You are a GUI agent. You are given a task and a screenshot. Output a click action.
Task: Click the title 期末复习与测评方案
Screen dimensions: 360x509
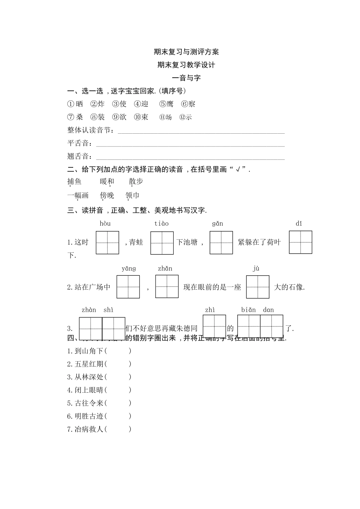[186, 52]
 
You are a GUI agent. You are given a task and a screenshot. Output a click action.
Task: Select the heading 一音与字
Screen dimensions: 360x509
[186, 78]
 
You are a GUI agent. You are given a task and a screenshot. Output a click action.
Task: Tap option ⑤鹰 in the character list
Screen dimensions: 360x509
[166, 104]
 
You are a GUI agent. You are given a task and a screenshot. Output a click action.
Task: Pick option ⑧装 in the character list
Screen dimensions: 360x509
[97, 117]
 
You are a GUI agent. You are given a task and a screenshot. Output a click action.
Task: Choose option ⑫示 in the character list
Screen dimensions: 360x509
[186, 117]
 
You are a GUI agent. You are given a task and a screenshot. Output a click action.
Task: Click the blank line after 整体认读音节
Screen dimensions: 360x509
[201, 131]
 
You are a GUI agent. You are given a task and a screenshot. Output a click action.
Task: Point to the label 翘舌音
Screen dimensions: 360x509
[80, 156]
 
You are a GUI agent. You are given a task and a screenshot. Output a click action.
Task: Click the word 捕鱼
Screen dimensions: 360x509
[74, 182]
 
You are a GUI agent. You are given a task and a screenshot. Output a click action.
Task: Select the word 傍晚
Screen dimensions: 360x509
[107, 195]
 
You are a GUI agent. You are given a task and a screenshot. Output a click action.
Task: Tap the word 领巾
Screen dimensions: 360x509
[132, 195]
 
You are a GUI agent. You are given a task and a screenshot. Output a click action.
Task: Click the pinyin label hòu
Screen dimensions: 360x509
[105, 223]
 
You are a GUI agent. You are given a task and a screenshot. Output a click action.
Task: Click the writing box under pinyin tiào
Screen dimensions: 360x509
[162, 243]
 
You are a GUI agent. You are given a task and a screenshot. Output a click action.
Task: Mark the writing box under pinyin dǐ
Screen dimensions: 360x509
[301, 242]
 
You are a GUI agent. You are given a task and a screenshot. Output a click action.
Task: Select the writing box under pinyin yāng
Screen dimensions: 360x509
[128, 287]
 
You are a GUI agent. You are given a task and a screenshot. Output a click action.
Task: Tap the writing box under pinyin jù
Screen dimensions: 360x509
[258, 287]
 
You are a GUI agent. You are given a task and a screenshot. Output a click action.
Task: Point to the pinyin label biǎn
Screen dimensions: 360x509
[249, 310]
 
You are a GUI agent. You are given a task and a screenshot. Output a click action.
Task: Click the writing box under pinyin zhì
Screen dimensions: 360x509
[214, 326]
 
